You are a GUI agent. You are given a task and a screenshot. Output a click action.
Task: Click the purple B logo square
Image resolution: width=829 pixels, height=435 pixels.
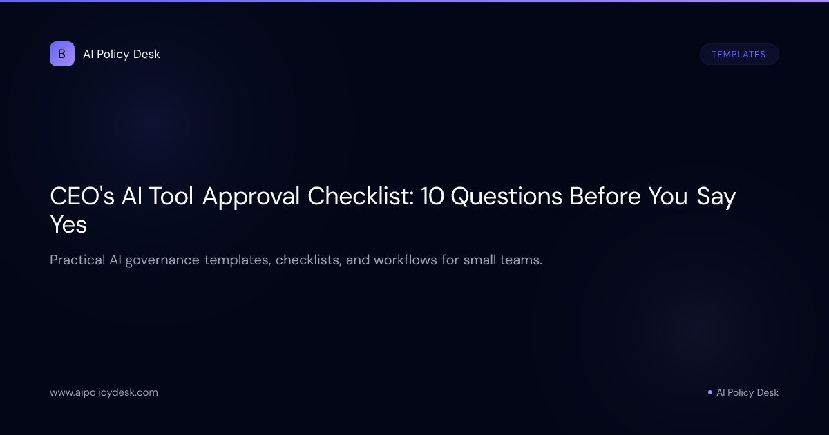click(61, 54)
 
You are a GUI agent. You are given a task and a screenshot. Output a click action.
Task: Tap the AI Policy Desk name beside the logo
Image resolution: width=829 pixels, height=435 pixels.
click(122, 54)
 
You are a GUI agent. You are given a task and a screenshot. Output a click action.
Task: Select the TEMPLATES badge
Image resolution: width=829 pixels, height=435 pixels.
click(739, 54)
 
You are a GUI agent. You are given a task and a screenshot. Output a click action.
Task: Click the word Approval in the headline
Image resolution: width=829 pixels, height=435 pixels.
click(251, 197)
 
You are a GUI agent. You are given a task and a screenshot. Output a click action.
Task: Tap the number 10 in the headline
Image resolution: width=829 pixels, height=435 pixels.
click(432, 197)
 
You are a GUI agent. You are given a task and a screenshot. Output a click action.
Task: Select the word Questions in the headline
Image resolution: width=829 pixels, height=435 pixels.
click(507, 197)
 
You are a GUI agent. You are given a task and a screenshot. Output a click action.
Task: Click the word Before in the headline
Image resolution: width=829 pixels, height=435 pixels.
click(605, 197)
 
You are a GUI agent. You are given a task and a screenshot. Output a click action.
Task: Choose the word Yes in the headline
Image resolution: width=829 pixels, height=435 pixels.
click(68, 224)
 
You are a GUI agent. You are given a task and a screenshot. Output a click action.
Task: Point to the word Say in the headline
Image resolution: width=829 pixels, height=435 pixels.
click(716, 197)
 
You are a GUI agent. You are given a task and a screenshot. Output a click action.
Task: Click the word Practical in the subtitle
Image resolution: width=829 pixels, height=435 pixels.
click(77, 260)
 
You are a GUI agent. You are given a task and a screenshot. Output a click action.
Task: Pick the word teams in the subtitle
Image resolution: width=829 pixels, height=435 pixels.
click(522, 260)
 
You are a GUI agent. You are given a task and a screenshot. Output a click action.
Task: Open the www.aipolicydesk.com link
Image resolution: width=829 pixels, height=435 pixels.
click(104, 392)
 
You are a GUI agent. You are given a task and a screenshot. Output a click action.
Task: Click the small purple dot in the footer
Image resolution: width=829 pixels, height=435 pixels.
click(709, 392)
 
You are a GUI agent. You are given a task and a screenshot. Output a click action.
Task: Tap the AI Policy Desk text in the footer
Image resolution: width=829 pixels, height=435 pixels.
click(747, 392)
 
